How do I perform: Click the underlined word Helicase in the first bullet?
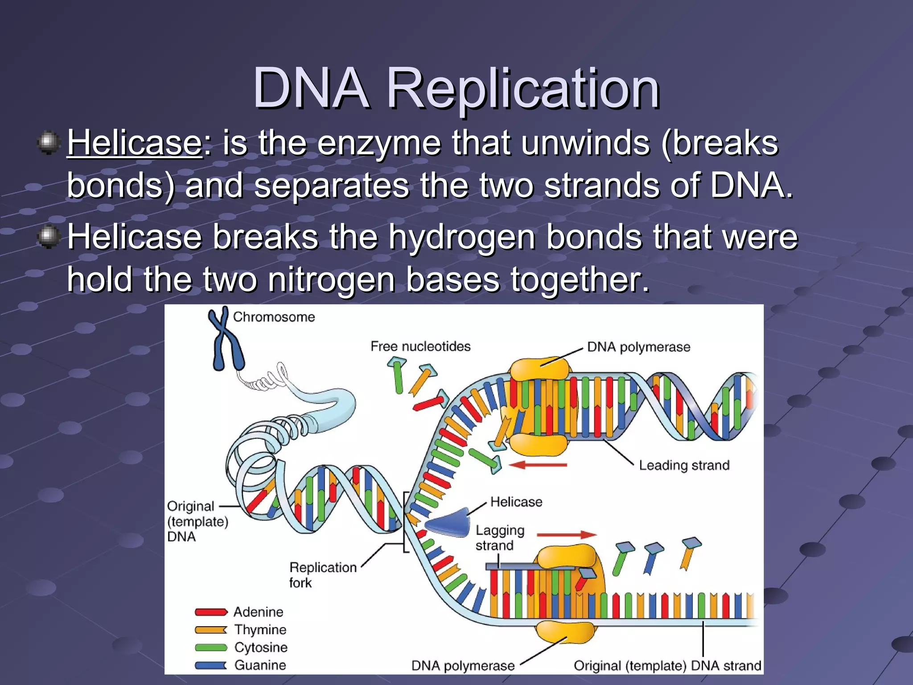point(135,143)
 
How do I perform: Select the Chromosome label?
point(274,317)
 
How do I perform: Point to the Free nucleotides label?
point(420,347)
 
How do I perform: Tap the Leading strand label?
point(684,465)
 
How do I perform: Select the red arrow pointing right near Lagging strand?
point(566,535)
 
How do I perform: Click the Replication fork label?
point(322,574)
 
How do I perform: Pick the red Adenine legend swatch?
point(211,612)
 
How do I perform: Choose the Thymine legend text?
point(260,630)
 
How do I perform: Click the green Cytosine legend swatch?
point(211,648)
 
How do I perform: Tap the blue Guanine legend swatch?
point(211,665)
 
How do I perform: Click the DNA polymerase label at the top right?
point(638,347)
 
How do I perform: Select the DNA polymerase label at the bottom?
point(463,666)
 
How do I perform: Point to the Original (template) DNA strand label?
point(667,666)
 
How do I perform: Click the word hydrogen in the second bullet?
point(462,237)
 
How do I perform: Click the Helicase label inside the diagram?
point(516,502)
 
